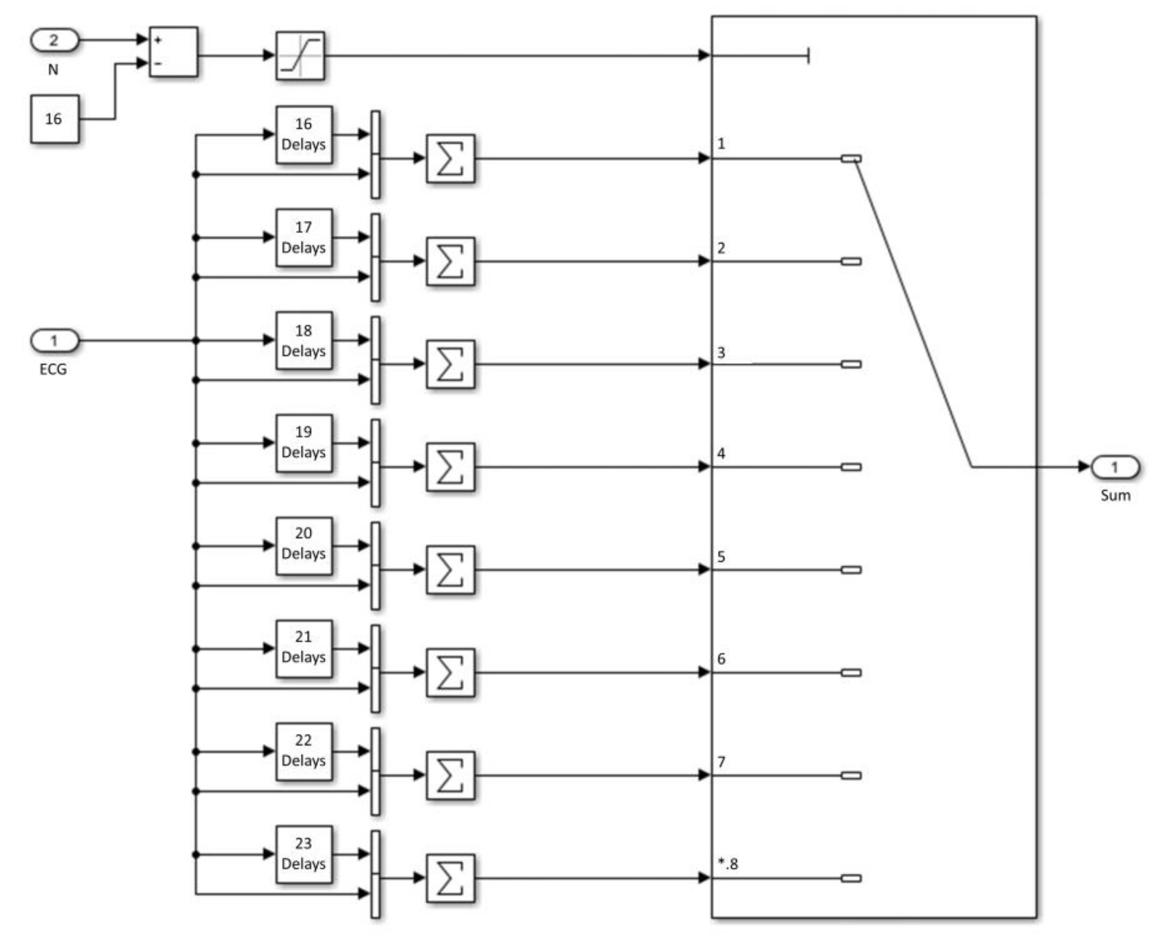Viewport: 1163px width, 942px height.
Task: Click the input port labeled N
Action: [x=54, y=40]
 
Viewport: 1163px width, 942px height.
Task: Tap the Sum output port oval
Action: [x=1115, y=467]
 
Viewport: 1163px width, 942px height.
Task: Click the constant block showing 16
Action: [x=54, y=119]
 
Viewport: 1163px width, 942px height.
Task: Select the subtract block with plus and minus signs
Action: [x=173, y=52]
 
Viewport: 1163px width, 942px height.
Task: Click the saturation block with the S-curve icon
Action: [x=300, y=55]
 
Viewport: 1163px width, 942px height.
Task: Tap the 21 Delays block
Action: [x=303, y=648]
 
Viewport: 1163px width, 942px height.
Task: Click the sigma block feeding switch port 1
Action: [x=450, y=158]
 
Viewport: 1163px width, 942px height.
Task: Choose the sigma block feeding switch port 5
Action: [x=450, y=570]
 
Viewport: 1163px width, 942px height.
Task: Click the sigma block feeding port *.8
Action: [x=450, y=878]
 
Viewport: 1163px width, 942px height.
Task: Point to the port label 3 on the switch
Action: [x=721, y=353]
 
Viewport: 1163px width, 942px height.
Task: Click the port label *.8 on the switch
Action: [x=728, y=864]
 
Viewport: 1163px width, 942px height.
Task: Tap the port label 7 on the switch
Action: [x=721, y=762]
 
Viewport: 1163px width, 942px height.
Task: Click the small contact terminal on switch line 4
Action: [x=851, y=467]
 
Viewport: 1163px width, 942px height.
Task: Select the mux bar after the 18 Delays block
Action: [x=375, y=360]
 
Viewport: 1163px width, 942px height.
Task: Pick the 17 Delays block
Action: [x=303, y=237]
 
